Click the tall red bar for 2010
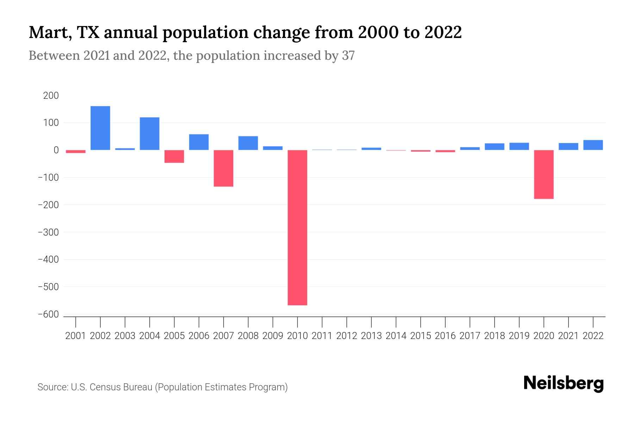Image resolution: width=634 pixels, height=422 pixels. point(297,228)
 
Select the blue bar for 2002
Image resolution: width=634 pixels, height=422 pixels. point(100,128)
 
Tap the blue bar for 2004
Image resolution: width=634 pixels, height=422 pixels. point(150,134)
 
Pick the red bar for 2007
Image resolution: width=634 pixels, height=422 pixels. point(223,168)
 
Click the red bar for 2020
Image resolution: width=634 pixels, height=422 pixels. point(544,174)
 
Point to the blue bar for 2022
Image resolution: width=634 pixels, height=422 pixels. point(593,145)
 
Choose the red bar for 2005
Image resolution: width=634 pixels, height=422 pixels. point(174,156)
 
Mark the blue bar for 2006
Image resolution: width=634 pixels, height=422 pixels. point(199,142)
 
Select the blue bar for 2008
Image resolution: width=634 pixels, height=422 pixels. point(248,143)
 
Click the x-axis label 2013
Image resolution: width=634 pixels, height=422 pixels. point(371,336)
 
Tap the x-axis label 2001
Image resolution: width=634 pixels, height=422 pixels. point(76,336)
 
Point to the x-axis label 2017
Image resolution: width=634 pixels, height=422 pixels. point(470,336)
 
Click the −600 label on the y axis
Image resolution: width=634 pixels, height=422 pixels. point(48,314)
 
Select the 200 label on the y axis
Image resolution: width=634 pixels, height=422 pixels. point(51,96)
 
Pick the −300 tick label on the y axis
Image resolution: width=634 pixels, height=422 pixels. point(48,232)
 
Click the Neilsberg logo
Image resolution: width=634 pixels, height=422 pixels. point(564,383)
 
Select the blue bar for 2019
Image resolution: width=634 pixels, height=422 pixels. point(519,146)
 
